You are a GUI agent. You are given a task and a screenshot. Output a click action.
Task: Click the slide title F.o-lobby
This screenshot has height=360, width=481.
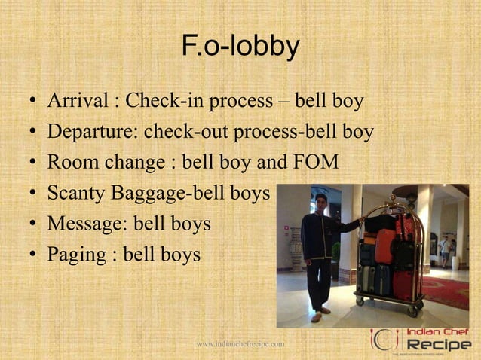pyautogui.click(x=240, y=47)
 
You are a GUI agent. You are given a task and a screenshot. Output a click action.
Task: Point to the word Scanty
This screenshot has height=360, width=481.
pyautogui.click(x=76, y=194)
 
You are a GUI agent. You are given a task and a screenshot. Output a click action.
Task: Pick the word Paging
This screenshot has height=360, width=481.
pyautogui.click(x=73, y=255)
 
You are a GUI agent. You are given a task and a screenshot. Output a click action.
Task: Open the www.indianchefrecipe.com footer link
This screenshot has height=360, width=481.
pyautogui.click(x=240, y=344)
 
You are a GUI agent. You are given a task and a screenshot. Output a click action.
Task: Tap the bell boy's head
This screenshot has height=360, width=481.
pyautogui.click(x=320, y=203)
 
